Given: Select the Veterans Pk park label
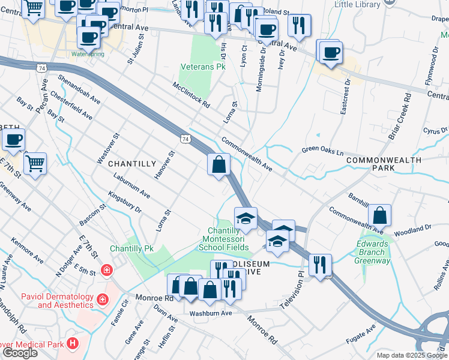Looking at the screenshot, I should (203, 67).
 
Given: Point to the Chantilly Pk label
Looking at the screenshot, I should (131, 248).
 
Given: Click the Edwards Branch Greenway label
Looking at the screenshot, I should (373, 252).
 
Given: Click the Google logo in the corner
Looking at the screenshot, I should (19, 353).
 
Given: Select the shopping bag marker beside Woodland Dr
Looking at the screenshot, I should (379, 215).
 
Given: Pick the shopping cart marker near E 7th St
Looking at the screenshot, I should (35, 163).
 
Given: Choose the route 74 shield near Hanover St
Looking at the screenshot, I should (185, 139).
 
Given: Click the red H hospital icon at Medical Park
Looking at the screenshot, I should (73, 344).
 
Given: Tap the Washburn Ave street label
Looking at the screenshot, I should (210, 313).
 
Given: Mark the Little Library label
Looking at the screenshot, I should (360, 4).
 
